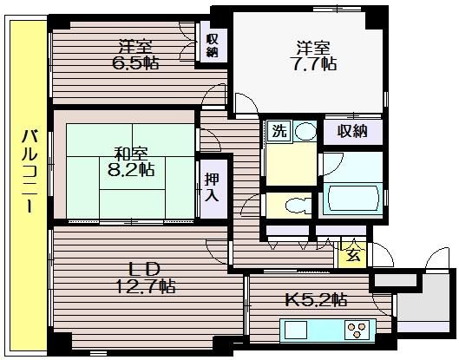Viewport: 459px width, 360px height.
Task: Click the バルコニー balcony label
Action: point(30,171)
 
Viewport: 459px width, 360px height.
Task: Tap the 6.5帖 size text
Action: point(135,62)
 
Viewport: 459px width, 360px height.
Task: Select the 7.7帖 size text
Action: point(313,64)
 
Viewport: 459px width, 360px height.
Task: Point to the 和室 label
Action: point(131,154)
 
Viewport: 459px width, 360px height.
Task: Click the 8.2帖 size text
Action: point(131,169)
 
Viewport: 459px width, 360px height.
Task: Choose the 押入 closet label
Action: point(212,187)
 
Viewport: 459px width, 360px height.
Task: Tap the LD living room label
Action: point(145,270)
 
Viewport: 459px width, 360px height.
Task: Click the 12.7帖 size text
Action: point(146,286)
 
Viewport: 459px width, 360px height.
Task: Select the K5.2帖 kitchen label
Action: point(316,299)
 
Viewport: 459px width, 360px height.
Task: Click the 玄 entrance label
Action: point(354,256)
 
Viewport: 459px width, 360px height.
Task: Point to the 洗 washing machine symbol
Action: point(280,131)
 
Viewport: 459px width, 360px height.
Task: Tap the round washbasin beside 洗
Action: point(305,131)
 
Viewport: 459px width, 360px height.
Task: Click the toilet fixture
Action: point(298,206)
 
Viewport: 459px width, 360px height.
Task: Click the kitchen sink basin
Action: point(296,331)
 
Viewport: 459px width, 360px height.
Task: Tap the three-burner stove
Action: point(357,330)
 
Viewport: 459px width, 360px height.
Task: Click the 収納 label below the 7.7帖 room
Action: point(352,131)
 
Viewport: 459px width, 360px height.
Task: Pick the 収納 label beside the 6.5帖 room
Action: point(213,45)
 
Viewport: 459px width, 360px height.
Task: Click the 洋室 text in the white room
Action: point(313,48)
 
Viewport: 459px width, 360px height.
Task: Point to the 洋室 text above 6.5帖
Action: point(135,47)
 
